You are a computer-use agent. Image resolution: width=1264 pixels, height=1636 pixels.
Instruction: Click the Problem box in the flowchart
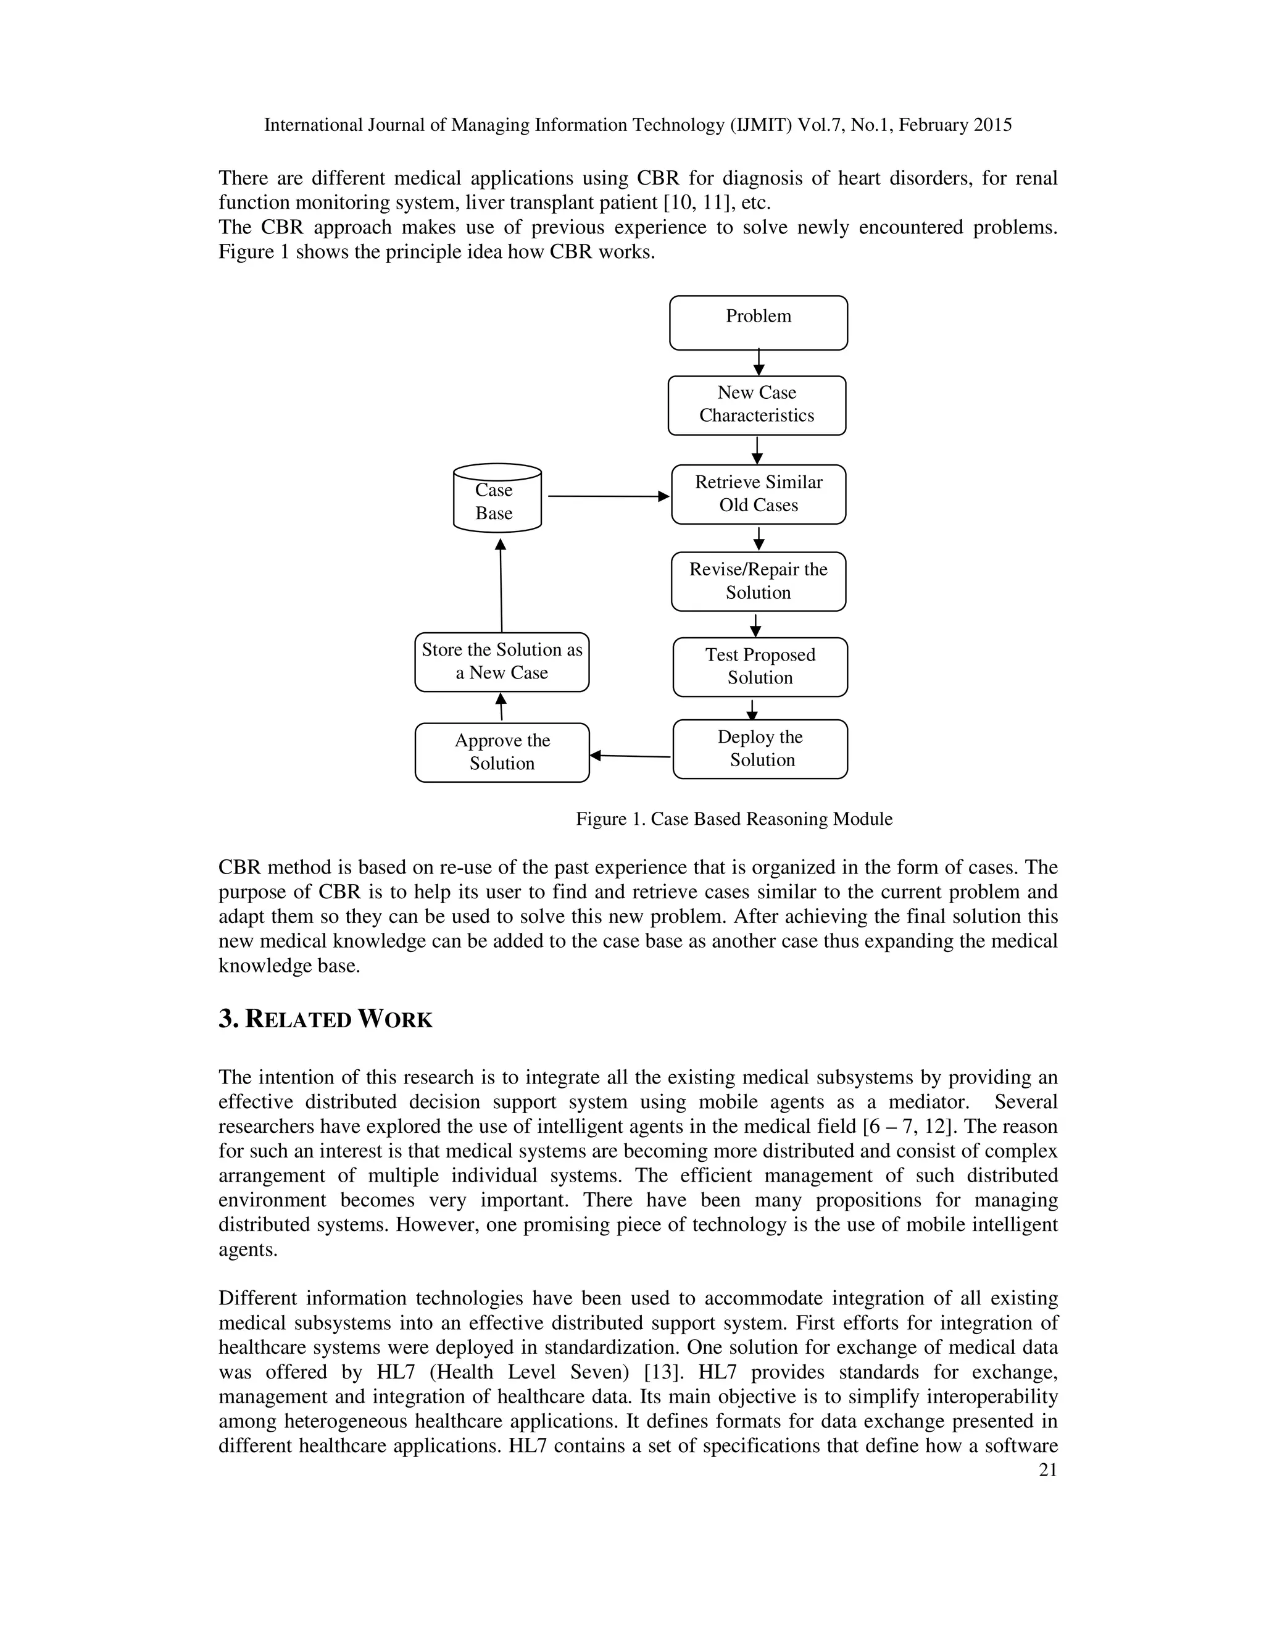[x=758, y=323]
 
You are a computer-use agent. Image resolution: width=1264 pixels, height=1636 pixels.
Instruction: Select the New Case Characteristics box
[x=756, y=405]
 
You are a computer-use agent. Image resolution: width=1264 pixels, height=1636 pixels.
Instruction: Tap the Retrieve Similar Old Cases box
[x=758, y=495]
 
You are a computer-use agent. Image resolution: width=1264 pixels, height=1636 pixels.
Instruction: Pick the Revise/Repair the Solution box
[x=758, y=582]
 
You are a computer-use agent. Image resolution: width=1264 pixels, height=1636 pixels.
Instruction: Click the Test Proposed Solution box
[x=759, y=667]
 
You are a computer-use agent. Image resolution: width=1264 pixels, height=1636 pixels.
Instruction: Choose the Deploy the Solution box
[x=759, y=749]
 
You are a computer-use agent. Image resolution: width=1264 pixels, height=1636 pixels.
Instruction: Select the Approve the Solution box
[x=502, y=752]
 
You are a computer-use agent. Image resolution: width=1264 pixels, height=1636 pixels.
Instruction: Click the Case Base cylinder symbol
[x=496, y=499]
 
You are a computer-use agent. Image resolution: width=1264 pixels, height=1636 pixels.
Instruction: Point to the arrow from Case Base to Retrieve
[x=607, y=496]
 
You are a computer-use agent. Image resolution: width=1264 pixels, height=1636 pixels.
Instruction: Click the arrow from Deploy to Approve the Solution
[x=631, y=756]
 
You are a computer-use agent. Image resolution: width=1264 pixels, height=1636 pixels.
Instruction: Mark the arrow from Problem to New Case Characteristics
[x=759, y=362]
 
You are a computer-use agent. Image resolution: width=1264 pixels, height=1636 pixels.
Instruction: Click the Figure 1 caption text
[x=733, y=819]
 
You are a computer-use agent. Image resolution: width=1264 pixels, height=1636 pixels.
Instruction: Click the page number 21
[x=1047, y=1470]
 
